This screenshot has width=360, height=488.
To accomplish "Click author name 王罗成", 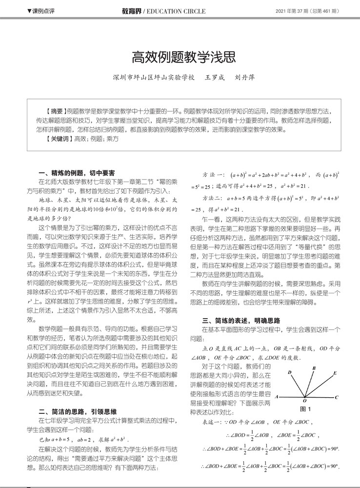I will pos(215,78).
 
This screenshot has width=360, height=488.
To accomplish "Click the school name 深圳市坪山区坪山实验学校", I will pos(153,78).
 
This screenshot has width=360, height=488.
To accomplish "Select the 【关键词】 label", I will pos(56,139).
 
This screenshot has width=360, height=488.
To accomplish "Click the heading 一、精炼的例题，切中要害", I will pos(77,172).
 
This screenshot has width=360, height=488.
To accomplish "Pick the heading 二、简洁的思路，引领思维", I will pos(77,410).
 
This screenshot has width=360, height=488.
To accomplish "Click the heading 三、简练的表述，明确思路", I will pos(241,320).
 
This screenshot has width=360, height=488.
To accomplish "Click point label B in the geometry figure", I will pos(314,368).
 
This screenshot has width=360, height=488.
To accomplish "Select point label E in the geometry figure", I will pos(335,373).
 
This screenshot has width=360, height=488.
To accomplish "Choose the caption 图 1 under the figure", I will pos(305,409).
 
